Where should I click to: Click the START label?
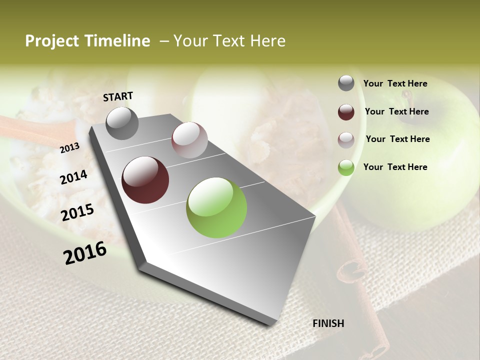click(x=118, y=96)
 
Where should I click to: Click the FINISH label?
click(x=328, y=323)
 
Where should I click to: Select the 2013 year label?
click(x=69, y=147)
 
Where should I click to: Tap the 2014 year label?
click(x=73, y=177)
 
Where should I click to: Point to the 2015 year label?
click(x=77, y=212)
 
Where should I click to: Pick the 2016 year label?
click(x=85, y=252)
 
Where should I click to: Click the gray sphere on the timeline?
click(x=122, y=123)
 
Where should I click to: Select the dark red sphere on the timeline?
click(x=145, y=180)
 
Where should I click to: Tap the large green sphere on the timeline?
click(x=216, y=207)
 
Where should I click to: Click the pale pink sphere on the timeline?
click(x=189, y=140)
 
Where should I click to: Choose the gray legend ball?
click(x=346, y=83)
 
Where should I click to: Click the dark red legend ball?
click(x=346, y=112)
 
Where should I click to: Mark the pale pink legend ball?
click(x=346, y=140)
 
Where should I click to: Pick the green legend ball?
click(x=346, y=167)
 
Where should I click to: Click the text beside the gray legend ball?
click(x=395, y=83)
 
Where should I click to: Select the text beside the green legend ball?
click(x=395, y=167)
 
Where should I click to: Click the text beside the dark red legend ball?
click(x=396, y=111)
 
